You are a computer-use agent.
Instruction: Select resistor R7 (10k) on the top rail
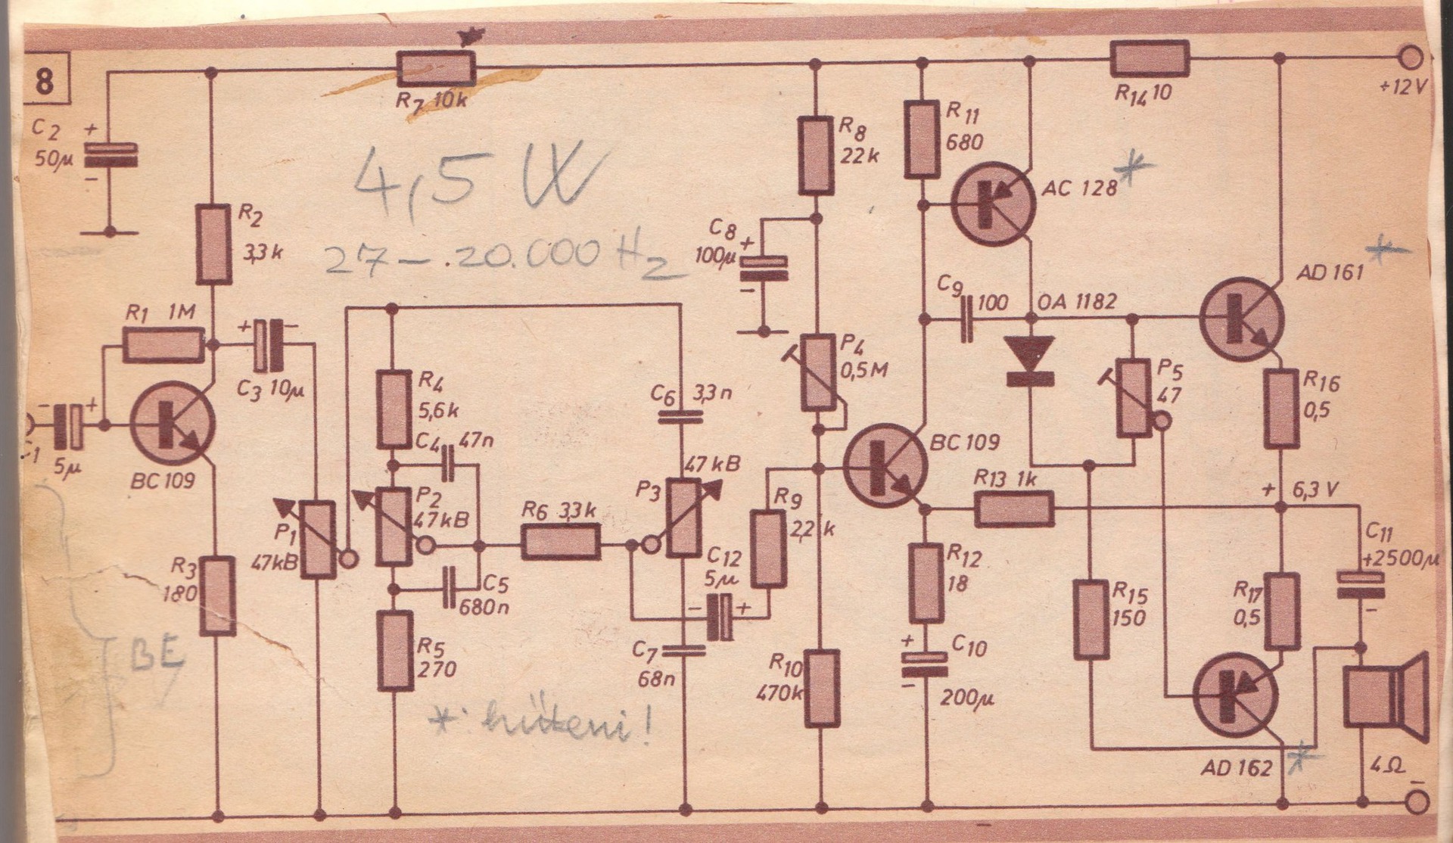pos(437,70)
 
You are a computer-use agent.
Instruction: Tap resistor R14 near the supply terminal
pos(1150,58)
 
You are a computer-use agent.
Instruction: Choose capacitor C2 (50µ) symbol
pos(110,155)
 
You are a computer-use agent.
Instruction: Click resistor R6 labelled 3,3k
pos(561,543)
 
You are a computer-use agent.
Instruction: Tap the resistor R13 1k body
pos(1014,509)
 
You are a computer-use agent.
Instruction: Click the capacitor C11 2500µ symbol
pos(1360,584)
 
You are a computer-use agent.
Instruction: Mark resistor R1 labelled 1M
pos(163,346)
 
